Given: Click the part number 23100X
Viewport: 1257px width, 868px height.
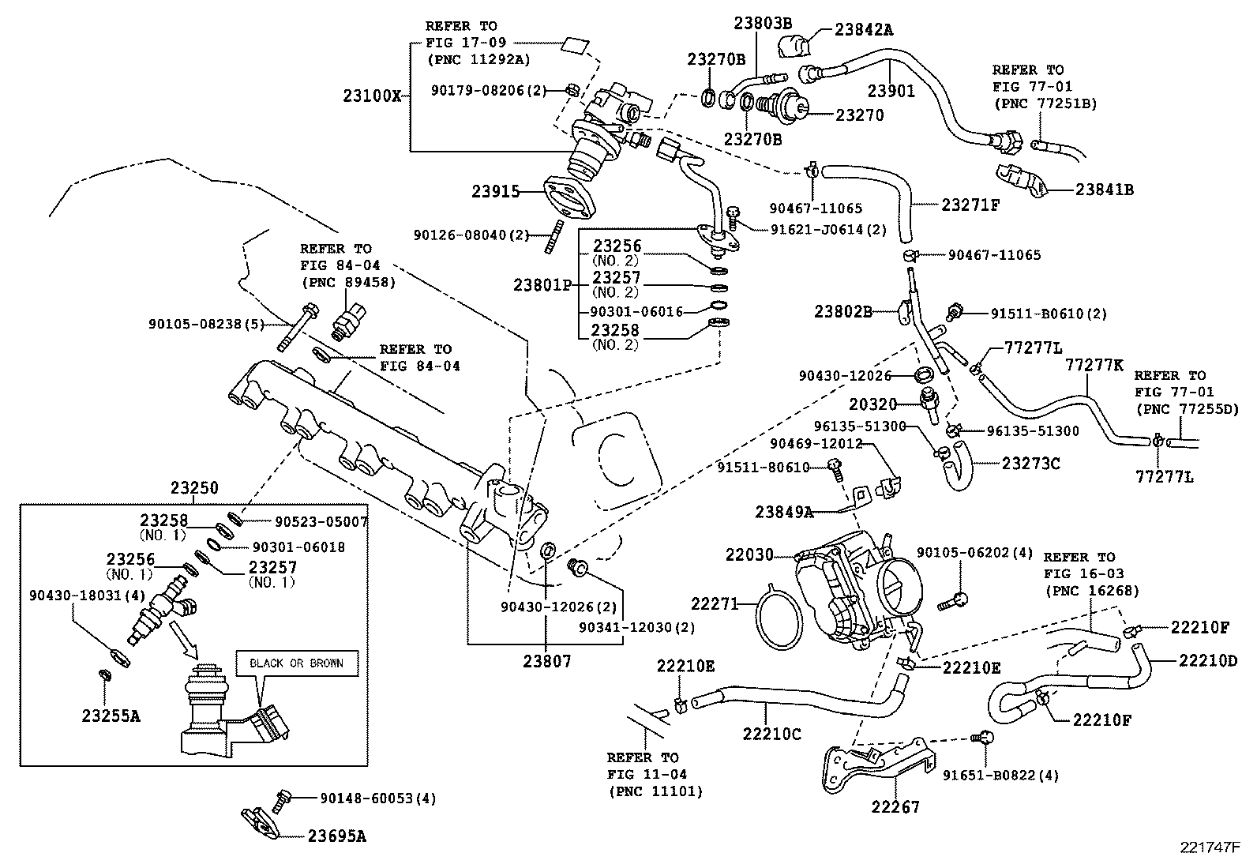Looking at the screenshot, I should pos(372,96).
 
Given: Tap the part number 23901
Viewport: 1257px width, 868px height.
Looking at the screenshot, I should pos(891,91).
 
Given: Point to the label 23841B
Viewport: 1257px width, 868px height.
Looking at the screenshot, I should pos(1104,190).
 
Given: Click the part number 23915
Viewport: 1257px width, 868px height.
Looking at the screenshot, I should pos(496,191).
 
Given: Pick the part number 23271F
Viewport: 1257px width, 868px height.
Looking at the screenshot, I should pos(970,205).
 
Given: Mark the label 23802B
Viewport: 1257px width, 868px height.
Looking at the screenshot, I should pos(843,312).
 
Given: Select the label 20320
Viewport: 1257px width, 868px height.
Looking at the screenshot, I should pos(873,404).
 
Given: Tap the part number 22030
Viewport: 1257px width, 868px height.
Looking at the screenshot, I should pos(750,555).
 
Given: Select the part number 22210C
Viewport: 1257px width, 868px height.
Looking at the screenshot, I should pos(771,734).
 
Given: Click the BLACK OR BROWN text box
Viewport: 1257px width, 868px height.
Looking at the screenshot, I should pos(296,663).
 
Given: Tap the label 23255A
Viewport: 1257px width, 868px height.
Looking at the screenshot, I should pos(111,716).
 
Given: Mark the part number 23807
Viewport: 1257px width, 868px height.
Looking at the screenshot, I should pos(546,661).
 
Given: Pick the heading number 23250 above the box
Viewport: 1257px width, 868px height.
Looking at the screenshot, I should pos(194,489).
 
